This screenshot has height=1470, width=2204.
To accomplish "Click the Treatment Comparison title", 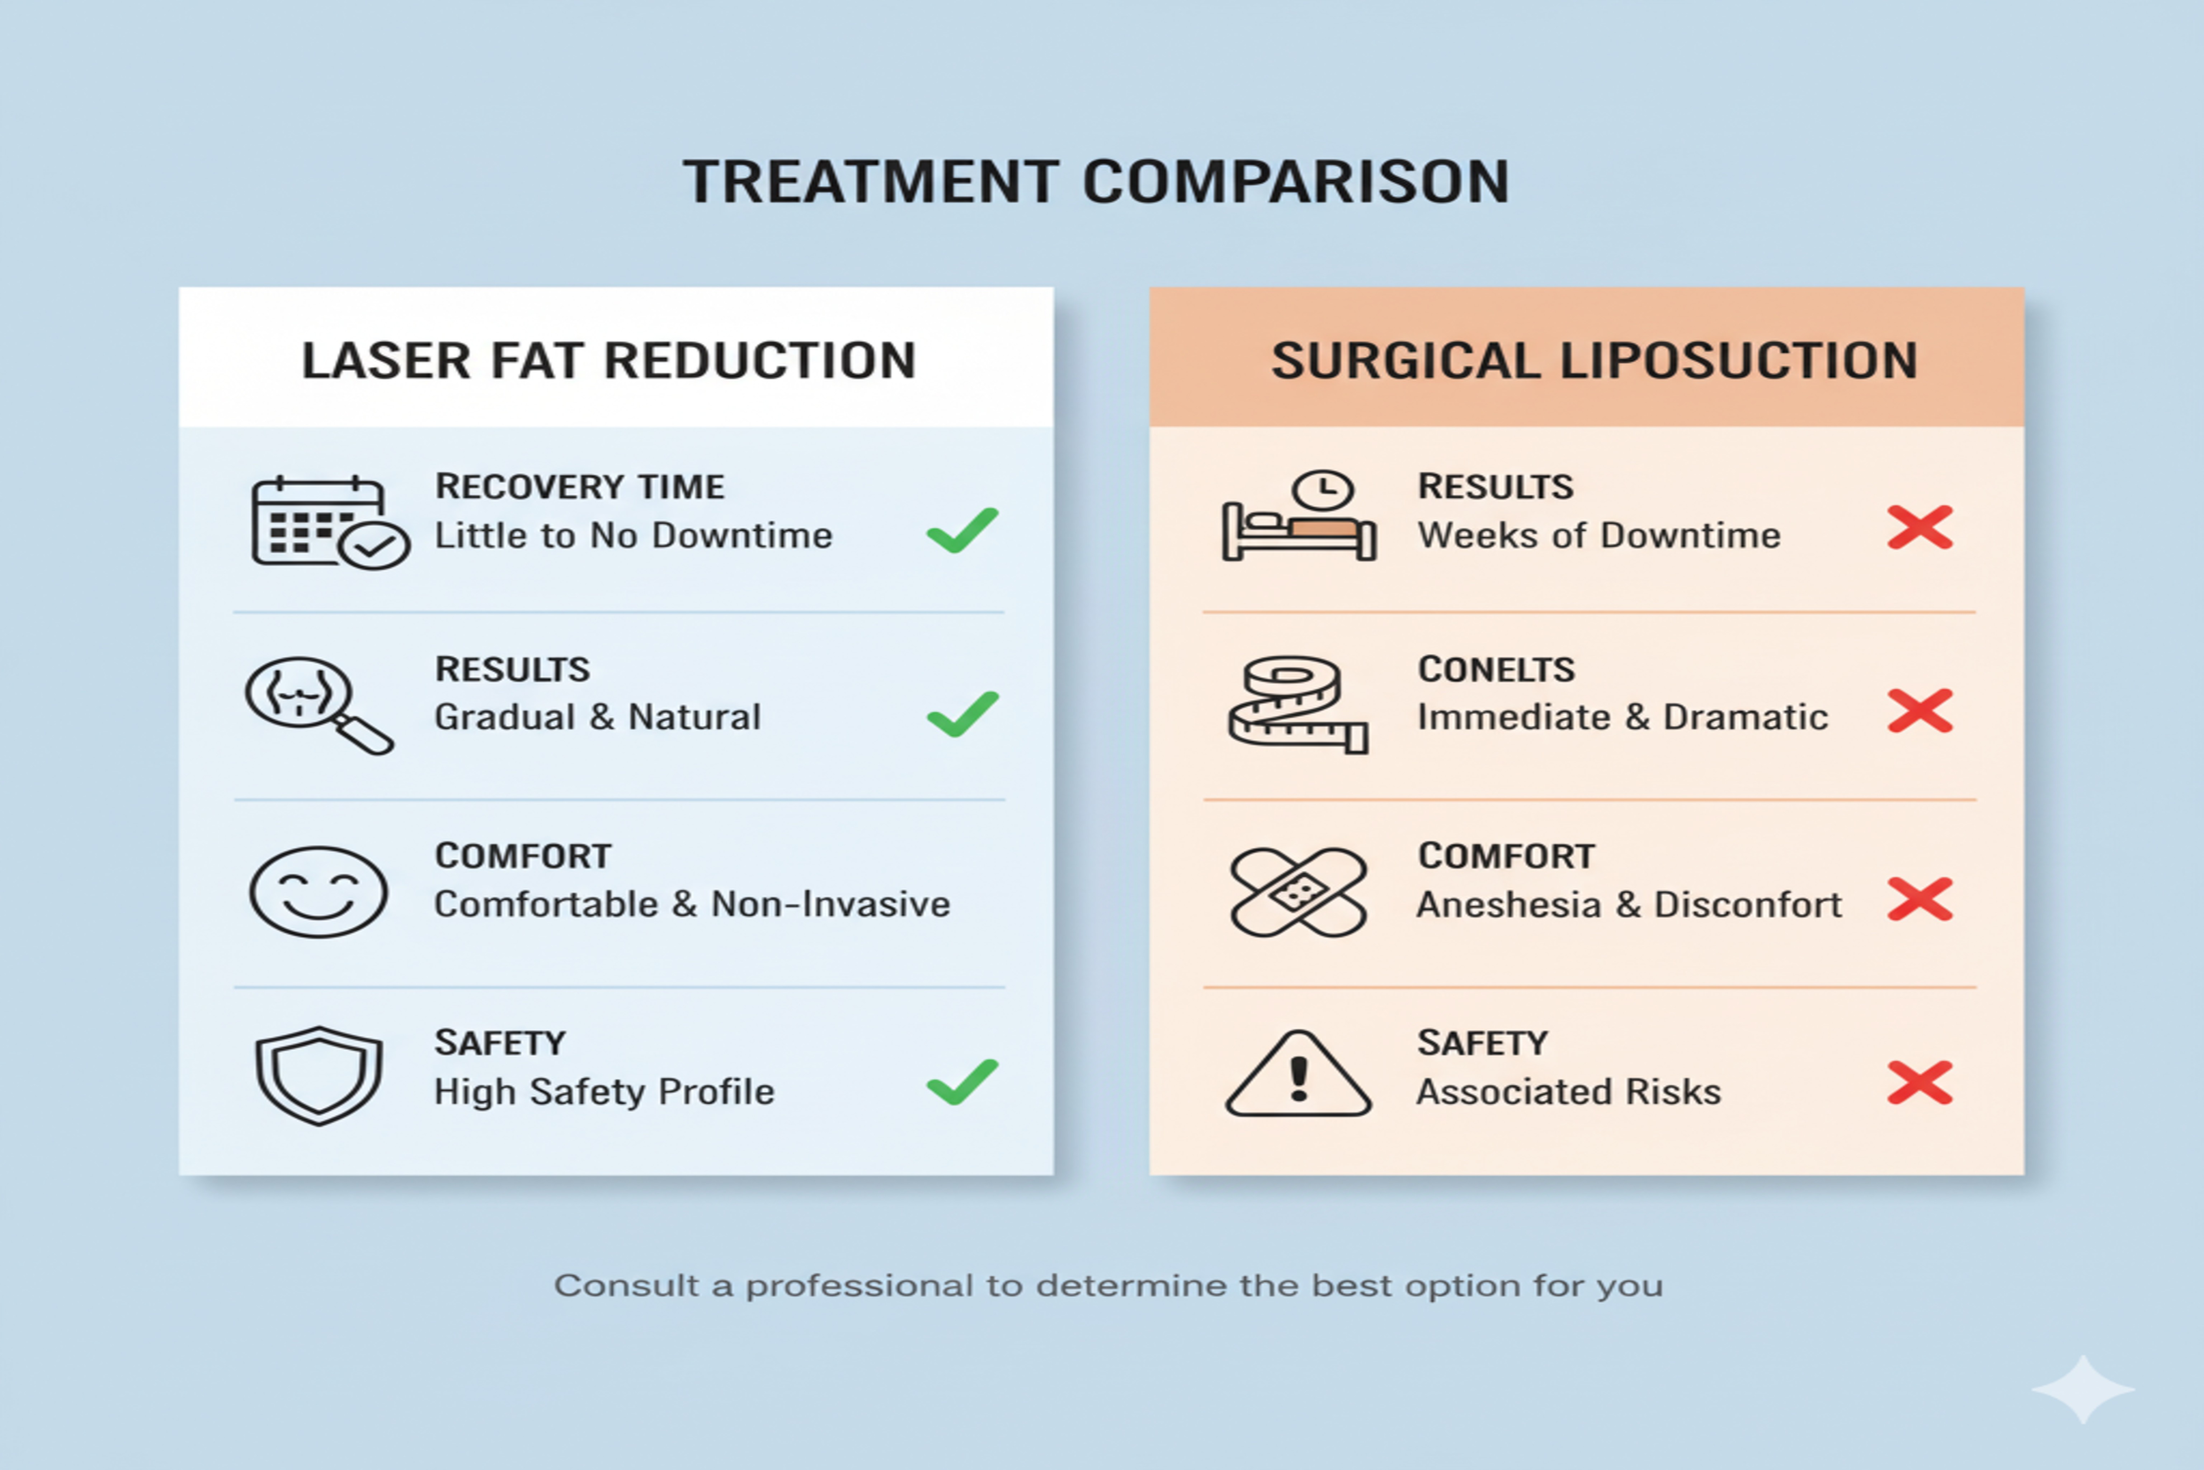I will click(x=1096, y=181).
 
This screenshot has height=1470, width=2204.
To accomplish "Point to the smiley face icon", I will click(x=319, y=891).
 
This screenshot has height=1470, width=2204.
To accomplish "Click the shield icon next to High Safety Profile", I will click(x=319, y=1075).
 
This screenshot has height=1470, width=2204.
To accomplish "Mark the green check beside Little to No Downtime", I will click(x=962, y=531).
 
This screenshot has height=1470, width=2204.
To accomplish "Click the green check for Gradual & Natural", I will click(x=962, y=715).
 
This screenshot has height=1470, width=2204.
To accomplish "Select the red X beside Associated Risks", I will click(x=1920, y=1083).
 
